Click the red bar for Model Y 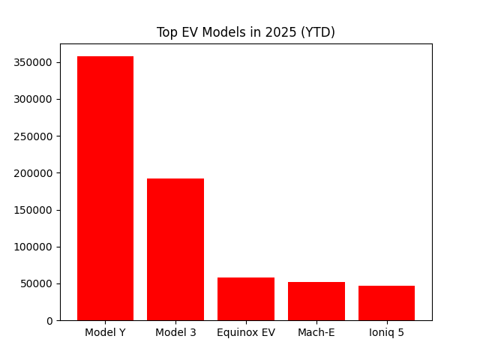[105, 188]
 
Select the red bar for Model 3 [175, 249]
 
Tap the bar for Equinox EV [246, 298]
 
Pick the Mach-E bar [316, 301]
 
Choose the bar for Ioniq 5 [386, 303]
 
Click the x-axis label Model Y [105, 332]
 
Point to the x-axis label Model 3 [175, 332]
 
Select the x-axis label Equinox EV [246, 332]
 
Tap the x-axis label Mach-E [316, 332]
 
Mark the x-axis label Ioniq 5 [386, 332]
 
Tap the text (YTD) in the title [318, 32]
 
